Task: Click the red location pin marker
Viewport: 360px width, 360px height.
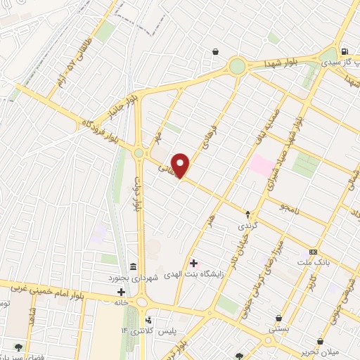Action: (x=181, y=165)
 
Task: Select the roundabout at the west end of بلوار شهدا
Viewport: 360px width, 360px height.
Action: (x=238, y=66)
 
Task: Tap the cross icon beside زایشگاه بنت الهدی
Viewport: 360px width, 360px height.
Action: (x=194, y=263)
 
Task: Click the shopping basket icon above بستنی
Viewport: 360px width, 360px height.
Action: (x=278, y=318)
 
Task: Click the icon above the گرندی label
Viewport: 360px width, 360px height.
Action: (x=247, y=214)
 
